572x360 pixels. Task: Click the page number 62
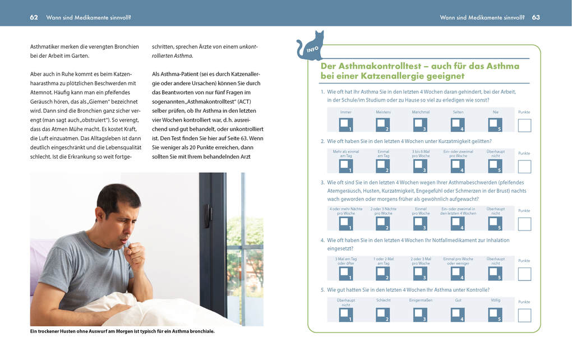click(34, 17)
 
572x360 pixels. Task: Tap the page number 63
click(536, 17)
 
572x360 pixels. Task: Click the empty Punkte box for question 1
click(524, 125)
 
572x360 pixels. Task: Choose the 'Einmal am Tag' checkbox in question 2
click(383, 167)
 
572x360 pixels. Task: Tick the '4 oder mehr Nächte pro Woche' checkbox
click(346, 224)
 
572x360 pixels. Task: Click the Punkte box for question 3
click(524, 224)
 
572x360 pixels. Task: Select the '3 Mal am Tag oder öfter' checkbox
click(346, 274)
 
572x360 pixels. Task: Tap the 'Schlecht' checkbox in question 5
click(383, 315)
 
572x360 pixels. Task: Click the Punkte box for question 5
click(524, 315)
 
